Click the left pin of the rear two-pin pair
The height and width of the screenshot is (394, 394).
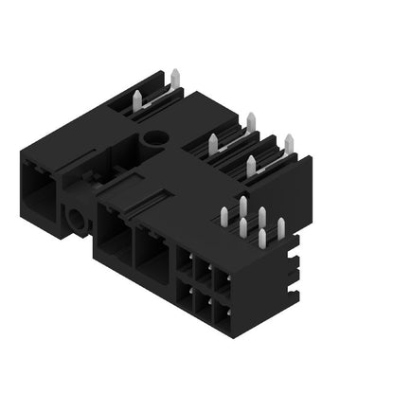(138, 100)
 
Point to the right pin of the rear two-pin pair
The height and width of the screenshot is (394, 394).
(175, 79)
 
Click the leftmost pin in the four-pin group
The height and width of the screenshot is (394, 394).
(213, 144)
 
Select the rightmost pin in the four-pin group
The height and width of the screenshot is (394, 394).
(289, 144)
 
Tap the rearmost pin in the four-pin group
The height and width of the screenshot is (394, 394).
(251, 122)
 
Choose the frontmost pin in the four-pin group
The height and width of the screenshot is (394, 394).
(251, 167)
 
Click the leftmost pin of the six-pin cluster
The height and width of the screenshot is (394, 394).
(224, 216)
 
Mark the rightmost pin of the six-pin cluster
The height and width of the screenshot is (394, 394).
(281, 228)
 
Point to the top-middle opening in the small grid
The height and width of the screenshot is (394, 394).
(202, 272)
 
